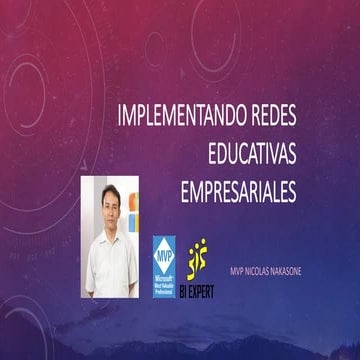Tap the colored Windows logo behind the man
(x=137, y=220)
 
